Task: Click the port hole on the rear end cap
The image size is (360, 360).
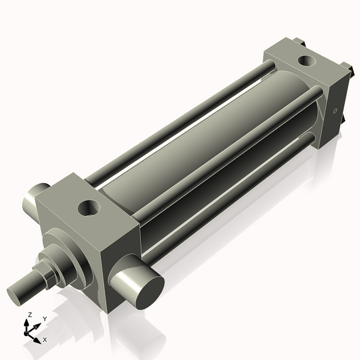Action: [307, 61]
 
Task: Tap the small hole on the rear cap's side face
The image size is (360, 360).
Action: [335, 111]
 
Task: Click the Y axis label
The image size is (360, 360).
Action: [44, 319]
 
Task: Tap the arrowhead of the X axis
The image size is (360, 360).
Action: [38, 339]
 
